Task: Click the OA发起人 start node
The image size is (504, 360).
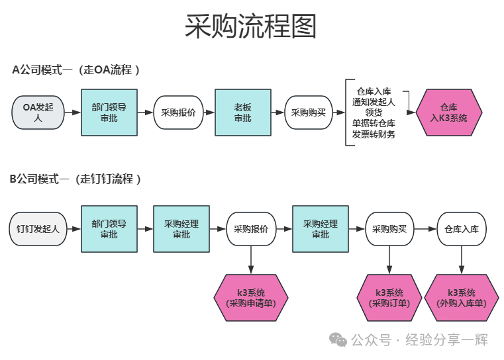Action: tap(37, 112)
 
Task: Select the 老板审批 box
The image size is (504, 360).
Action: tap(242, 112)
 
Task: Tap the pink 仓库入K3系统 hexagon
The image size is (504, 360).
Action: tap(448, 112)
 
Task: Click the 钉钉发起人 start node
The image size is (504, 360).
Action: tap(38, 229)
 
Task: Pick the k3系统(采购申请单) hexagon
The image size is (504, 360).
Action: tap(251, 298)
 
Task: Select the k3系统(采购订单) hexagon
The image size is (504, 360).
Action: tap(389, 298)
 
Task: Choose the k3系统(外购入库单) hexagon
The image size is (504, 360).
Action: tap(462, 298)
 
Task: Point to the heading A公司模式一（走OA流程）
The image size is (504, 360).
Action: tap(76, 69)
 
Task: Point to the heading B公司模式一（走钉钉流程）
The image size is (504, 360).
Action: tap(76, 179)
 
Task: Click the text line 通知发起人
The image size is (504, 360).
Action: tap(374, 102)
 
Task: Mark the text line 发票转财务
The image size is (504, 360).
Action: tap(374, 134)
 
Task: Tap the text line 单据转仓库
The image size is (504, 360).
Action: tap(374, 123)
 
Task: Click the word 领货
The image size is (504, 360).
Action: tap(374, 112)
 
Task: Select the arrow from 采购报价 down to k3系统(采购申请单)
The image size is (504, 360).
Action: tap(251, 260)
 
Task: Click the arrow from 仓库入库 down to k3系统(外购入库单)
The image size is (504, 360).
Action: tap(462, 260)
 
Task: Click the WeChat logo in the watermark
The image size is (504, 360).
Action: tap(338, 340)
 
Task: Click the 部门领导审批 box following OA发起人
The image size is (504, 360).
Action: tap(109, 112)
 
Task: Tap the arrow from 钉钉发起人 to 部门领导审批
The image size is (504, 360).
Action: tap(73, 229)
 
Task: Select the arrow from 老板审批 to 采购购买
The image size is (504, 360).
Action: tap(277, 112)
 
